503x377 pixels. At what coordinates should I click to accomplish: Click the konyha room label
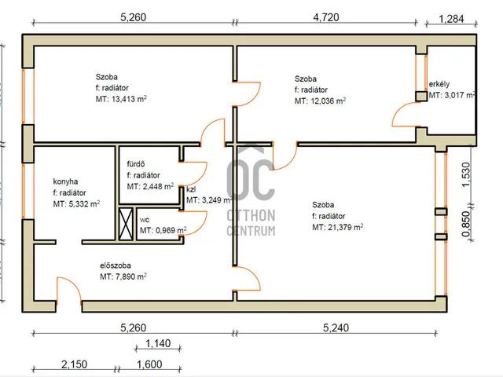pyautogui.click(x=65, y=181)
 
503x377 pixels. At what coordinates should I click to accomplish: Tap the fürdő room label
pyautogui.click(x=136, y=164)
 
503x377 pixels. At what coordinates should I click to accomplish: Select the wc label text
pyautogui.click(x=145, y=220)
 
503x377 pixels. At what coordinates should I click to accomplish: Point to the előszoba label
pyautogui.click(x=116, y=265)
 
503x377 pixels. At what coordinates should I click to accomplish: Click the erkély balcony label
pyautogui.click(x=439, y=84)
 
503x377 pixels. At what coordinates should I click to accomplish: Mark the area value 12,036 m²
pyautogui.click(x=328, y=101)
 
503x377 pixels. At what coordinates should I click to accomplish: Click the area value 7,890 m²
pyautogui.click(x=131, y=276)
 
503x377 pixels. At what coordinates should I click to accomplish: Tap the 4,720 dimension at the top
pyautogui.click(x=326, y=17)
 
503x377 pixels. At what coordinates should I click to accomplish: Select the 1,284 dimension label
pyautogui.click(x=451, y=19)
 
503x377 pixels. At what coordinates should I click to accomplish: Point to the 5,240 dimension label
pyautogui.click(x=336, y=328)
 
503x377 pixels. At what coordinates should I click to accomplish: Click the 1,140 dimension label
pyautogui.click(x=158, y=344)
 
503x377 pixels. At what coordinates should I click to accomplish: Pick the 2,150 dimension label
pyautogui.click(x=74, y=364)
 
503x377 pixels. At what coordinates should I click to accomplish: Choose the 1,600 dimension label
pyautogui.click(x=149, y=364)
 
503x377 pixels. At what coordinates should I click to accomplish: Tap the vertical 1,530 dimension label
pyautogui.click(x=466, y=174)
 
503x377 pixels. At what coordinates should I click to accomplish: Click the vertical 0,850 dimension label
pyautogui.click(x=466, y=224)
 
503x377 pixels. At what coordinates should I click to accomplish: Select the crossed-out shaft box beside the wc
pyautogui.click(x=126, y=224)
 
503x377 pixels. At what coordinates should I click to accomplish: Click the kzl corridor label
pyautogui.click(x=191, y=189)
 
